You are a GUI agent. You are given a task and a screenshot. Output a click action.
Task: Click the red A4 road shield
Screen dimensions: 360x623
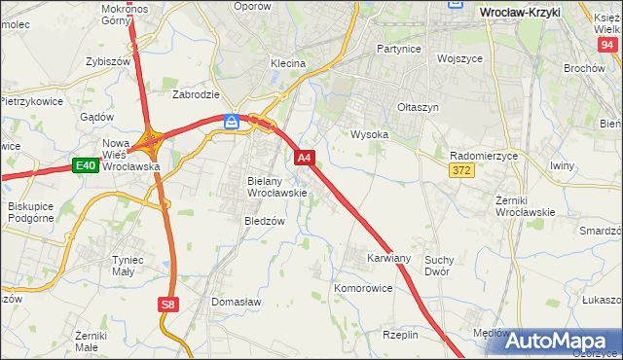(x=304, y=157)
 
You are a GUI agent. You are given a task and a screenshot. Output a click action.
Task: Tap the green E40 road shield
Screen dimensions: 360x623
(x=85, y=165)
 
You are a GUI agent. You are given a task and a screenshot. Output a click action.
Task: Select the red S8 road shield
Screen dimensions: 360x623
(x=168, y=305)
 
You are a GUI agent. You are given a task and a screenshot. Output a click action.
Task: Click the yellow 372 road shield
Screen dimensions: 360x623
(x=462, y=170)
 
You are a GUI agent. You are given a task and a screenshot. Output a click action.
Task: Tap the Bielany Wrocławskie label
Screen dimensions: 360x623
(x=277, y=187)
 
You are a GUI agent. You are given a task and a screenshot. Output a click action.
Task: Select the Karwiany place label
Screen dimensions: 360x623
(x=388, y=259)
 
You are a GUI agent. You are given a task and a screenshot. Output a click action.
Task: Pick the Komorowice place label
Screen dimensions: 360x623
(x=363, y=289)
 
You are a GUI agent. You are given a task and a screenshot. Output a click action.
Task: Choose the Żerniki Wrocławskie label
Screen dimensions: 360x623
(x=525, y=205)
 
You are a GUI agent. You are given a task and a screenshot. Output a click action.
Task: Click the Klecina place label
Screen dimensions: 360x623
(x=288, y=63)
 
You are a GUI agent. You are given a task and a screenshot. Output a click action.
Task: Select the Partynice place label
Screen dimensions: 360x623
(x=397, y=48)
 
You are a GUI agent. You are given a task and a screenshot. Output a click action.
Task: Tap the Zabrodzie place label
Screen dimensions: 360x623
(x=196, y=95)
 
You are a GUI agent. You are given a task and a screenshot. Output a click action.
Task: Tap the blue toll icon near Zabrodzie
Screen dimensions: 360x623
(x=232, y=121)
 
